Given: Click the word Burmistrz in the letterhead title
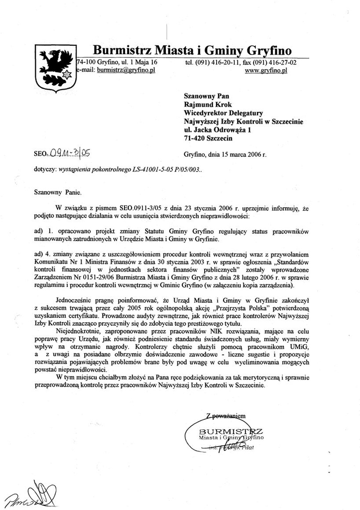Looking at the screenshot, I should coord(122,50).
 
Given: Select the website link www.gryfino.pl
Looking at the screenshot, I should coord(267,71).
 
